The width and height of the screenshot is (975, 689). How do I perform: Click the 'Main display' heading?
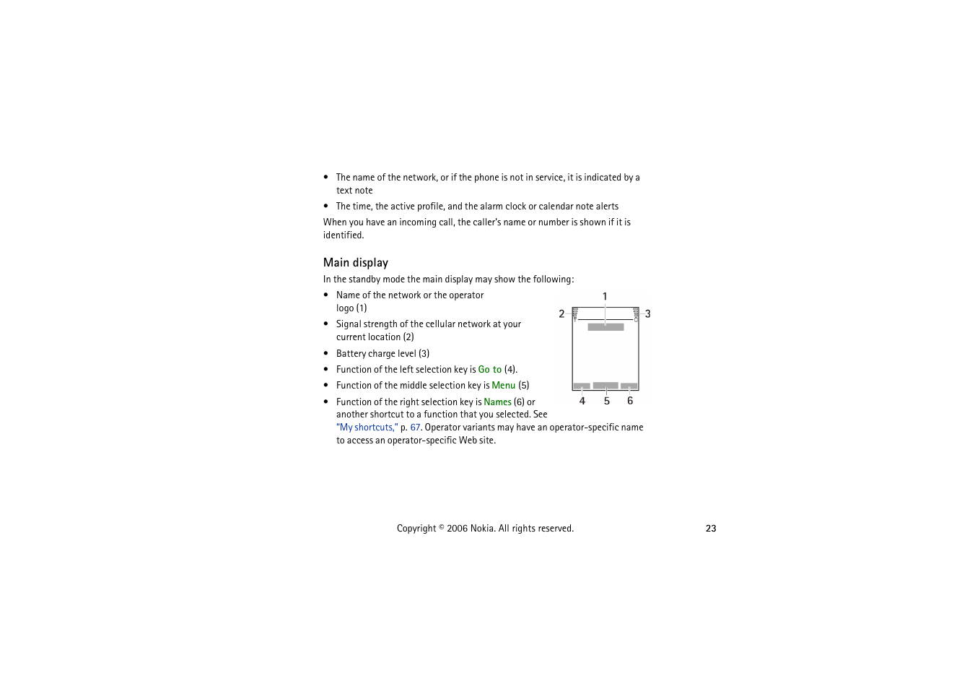coord(355,263)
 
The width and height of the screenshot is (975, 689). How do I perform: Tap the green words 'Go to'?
coord(489,370)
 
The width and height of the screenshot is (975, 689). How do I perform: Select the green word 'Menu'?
coord(503,386)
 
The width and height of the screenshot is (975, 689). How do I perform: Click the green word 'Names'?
coord(497,402)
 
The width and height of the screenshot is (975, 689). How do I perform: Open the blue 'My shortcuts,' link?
coord(367,428)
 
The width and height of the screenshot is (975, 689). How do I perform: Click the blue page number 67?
coord(415,428)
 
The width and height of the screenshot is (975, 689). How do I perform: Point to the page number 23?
coord(711,529)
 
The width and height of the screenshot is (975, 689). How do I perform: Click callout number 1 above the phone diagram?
coord(605,297)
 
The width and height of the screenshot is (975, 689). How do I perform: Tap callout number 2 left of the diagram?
coord(561,314)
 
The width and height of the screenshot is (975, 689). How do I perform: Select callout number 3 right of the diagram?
coord(648,314)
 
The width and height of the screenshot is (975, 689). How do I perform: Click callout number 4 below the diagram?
coord(582,402)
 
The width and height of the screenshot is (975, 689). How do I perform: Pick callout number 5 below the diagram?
coord(607,402)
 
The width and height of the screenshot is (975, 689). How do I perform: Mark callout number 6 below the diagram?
coord(630,402)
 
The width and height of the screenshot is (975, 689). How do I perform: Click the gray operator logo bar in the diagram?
coord(605,327)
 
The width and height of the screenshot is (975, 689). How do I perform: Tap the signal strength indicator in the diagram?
coord(575,313)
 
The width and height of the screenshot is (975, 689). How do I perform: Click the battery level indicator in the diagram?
coord(636,313)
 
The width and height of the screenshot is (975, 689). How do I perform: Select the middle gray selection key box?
coord(605,386)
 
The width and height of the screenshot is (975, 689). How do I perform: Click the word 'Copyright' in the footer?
coord(416,529)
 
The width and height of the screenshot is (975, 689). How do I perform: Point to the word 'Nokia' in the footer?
coord(482,529)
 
